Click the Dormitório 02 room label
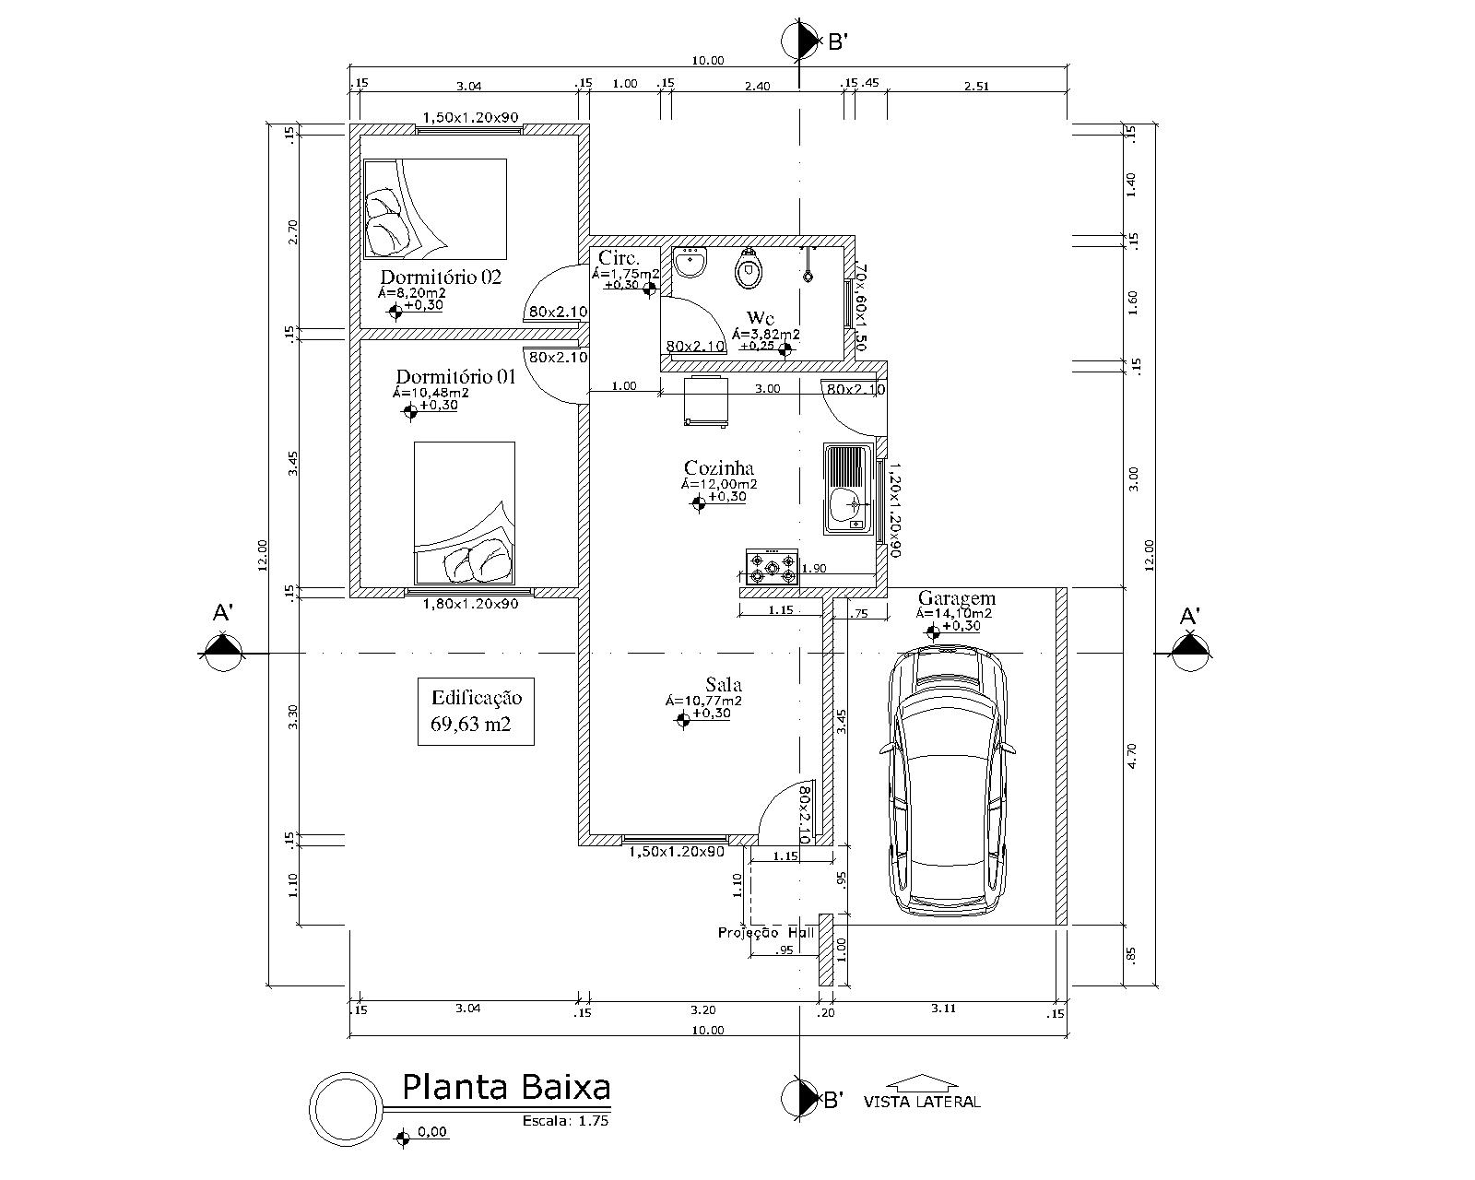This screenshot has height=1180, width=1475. (x=441, y=277)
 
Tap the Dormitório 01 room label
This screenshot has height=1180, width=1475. (x=455, y=376)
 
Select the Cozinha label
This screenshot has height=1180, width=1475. (x=719, y=468)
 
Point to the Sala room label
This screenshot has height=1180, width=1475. (x=724, y=685)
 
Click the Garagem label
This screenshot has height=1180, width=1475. (x=957, y=598)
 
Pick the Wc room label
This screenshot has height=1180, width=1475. (x=761, y=318)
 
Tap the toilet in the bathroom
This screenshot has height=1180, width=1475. (x=749, y=269)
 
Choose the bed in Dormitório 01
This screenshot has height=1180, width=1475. (x=464, y=513)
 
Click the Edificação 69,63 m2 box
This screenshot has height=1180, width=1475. (x=476, y=712)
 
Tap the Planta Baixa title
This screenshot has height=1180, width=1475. (x=506, y=1088)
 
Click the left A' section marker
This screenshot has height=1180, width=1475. (x=221, y=651)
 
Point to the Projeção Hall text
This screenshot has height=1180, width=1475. (x=765, y=933)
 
